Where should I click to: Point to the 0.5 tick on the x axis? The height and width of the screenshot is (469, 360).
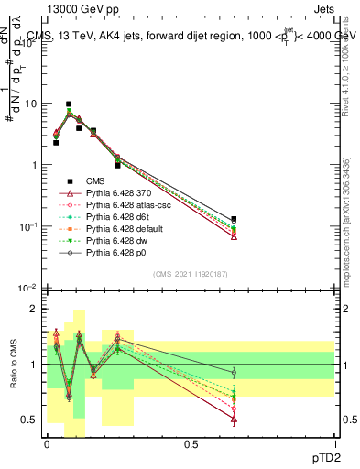(191, 443)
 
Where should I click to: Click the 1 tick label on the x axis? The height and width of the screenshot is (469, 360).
(335, 443)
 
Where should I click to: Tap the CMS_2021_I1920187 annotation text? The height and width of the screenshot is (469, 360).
(191, 273)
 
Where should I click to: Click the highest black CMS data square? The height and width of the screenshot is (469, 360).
(69, 104)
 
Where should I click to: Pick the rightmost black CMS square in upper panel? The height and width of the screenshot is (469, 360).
(234, 220)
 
